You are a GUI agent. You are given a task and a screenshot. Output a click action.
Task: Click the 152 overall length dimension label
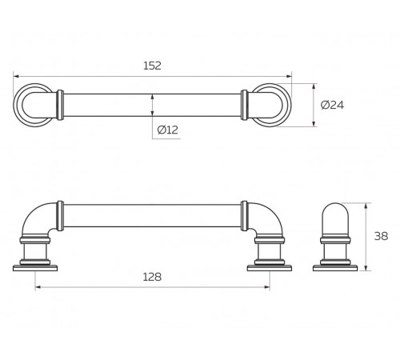pos(152,66)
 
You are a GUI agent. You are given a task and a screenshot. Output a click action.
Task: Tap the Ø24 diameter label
pos(332,105)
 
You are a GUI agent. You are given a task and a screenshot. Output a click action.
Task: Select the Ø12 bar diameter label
pos(168,130)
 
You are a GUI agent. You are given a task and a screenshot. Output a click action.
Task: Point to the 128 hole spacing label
pos(152,277)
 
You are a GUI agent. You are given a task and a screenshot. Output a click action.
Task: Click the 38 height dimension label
pos(381,236)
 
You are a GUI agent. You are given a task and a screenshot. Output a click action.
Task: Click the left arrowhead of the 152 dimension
pos(16,77)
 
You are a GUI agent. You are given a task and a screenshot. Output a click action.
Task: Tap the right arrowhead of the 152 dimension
pos(289,77)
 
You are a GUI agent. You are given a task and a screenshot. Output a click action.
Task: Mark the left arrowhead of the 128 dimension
pos(38,287)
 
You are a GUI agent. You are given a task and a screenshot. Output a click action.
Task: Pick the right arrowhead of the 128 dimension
pos(266,287)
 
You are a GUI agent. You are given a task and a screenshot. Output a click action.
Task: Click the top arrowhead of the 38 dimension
pos(366,206)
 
